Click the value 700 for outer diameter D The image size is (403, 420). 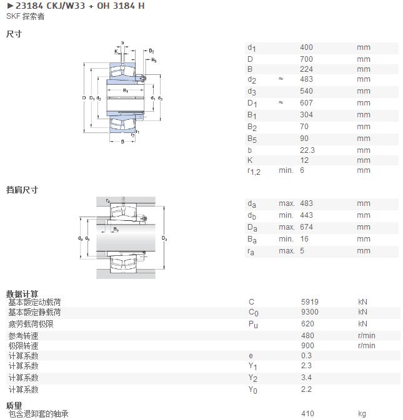pos(306,59)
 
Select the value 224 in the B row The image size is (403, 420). pos(306,69)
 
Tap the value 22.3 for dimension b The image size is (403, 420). pos(307,150)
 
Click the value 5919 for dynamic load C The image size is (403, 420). pos(309,302)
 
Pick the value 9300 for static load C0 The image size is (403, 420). pos(309,312)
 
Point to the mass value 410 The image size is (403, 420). pos(307,414)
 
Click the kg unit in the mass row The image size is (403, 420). pos(362,414)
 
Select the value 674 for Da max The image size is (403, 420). pos(306,227)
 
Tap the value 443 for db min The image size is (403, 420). pos(306,215)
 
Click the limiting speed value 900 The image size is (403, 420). pos(307,346)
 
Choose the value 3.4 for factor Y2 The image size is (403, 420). pos(306,378)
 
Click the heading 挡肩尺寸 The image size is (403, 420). pos(22,190)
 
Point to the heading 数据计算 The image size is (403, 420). pos(22,294)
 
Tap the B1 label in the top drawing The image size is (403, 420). pos(125,90)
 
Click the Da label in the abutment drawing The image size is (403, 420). pos(164,238)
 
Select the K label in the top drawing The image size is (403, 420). pos(116,51)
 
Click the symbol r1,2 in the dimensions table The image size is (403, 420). pos(254,171)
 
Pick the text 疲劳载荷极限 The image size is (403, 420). pos(31,324)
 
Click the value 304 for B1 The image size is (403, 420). pos(306,115)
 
